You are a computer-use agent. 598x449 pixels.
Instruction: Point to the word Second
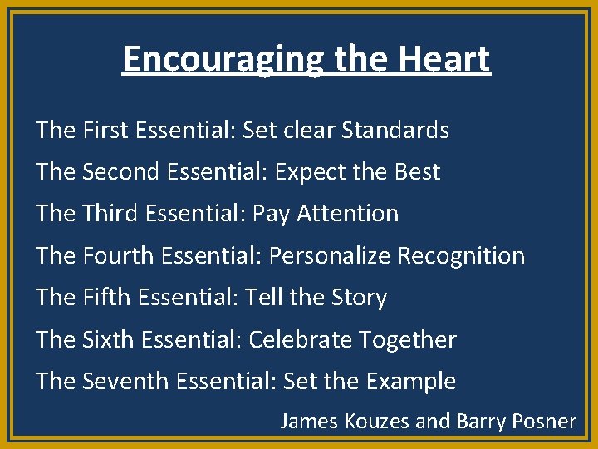(121, 171)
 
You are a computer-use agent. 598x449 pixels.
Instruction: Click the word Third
(110, 213)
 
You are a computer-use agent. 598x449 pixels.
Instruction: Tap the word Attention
(349, 213)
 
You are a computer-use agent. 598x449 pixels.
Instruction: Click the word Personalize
(329, 255)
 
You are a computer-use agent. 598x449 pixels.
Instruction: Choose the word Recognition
(461, 255)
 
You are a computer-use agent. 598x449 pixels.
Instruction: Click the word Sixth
(109, 339)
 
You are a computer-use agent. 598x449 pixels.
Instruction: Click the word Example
(410, 382)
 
